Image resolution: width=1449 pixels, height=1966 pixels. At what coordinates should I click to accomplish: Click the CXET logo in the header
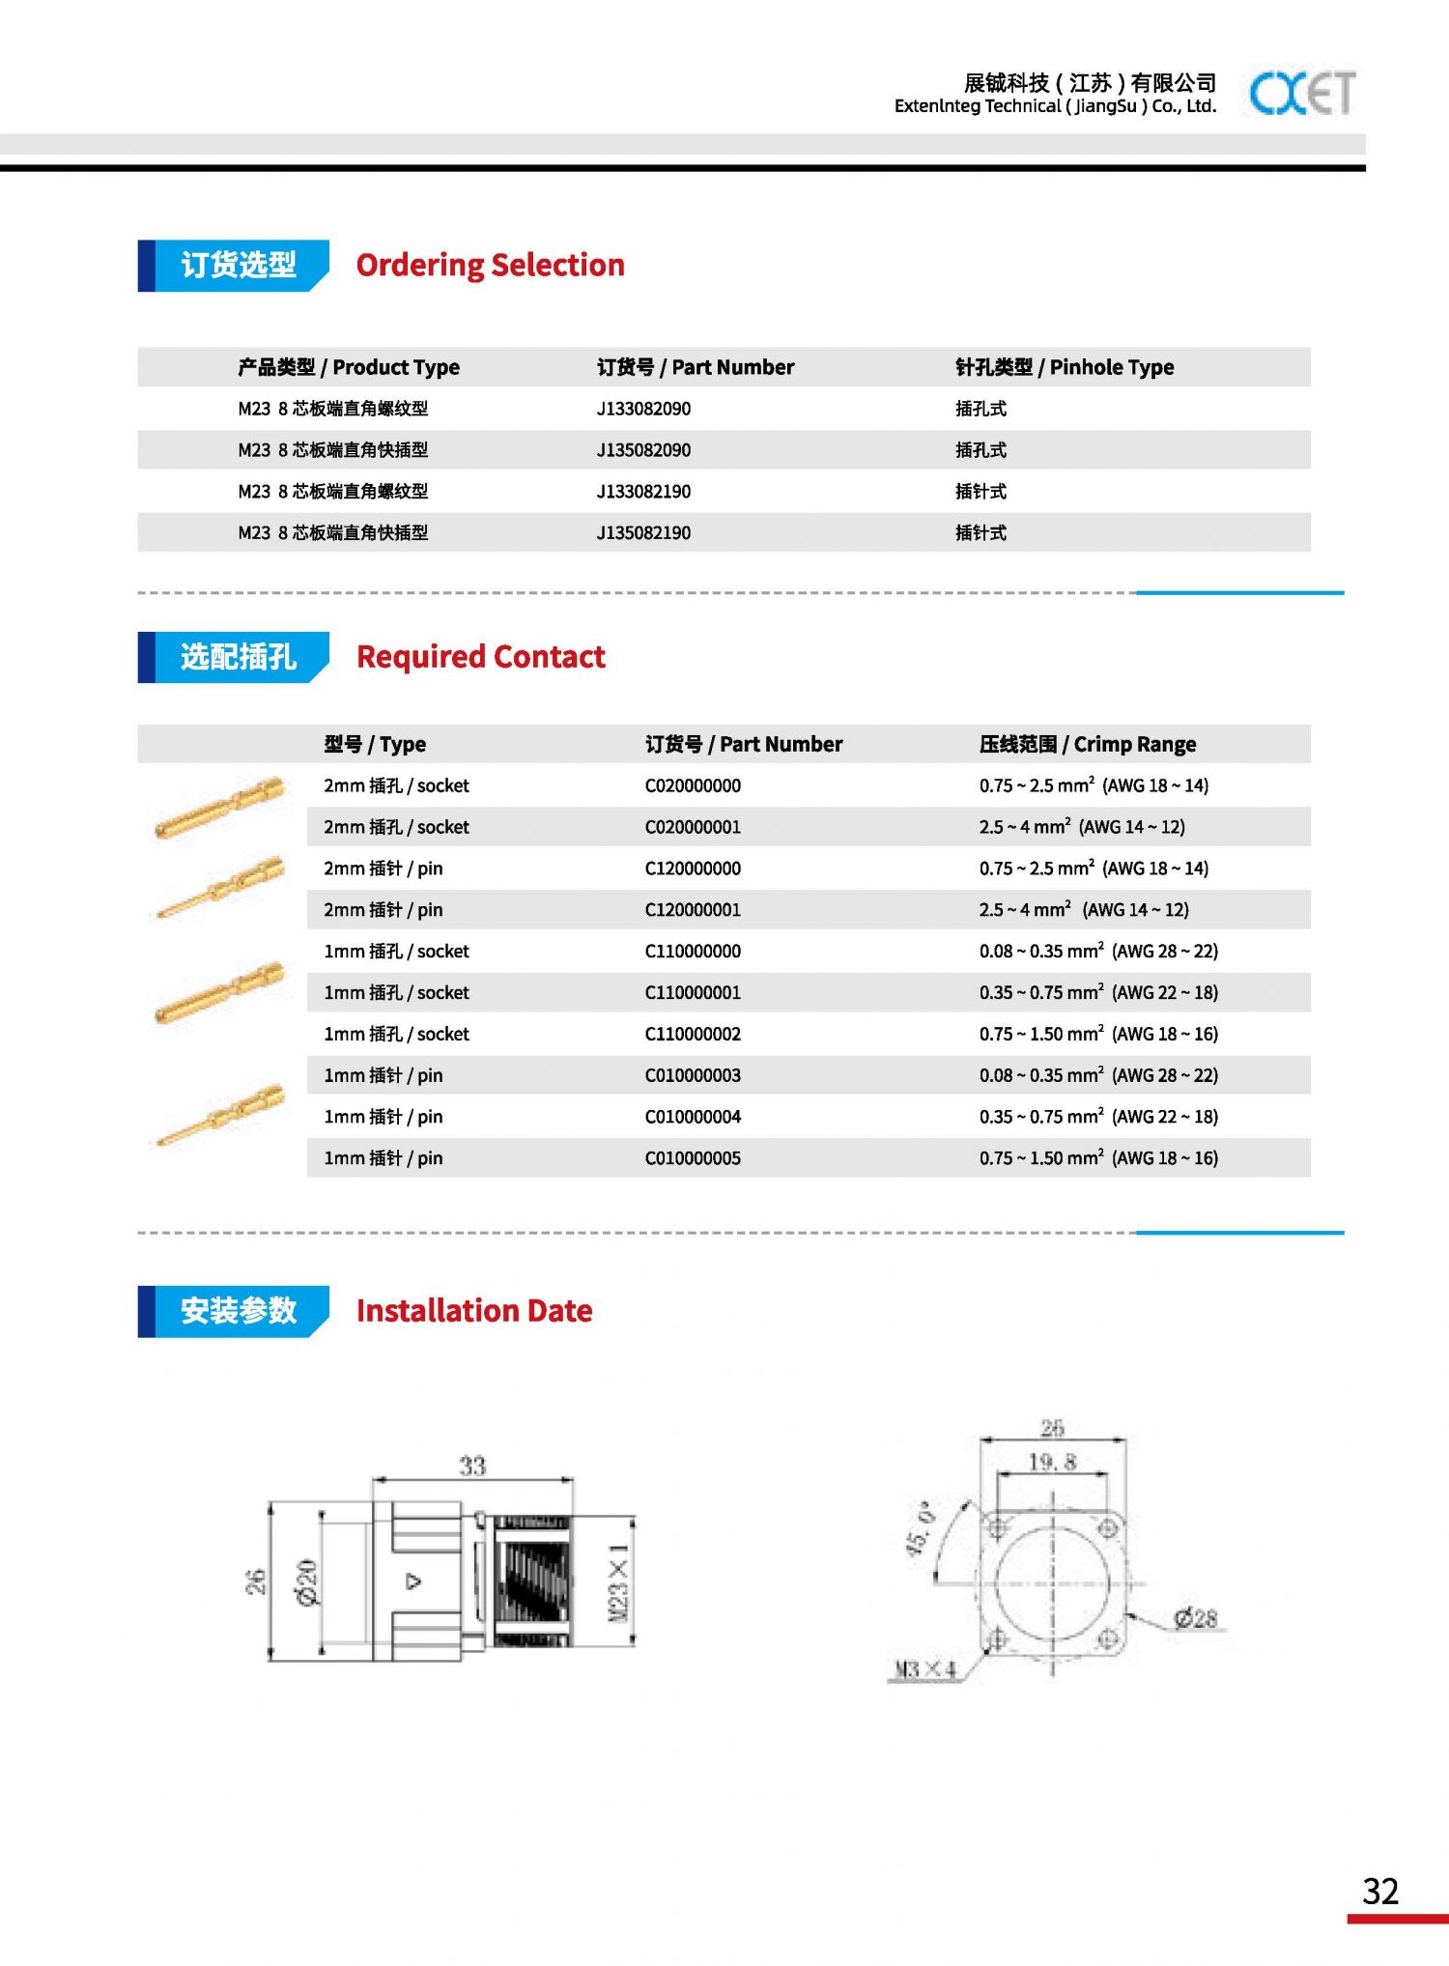pos(1302,93)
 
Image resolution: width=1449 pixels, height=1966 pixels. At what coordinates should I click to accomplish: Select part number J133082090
pos(643,409)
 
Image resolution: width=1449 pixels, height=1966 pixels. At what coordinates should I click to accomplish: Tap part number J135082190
pos(643,532)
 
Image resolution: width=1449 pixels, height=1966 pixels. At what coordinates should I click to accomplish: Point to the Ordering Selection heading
pos(490,265)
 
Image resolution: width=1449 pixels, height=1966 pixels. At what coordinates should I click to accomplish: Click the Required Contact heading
pos(480,657)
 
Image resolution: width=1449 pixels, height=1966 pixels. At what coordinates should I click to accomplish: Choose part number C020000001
pos(693,827)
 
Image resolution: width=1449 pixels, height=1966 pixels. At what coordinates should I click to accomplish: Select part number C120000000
pos(693,869)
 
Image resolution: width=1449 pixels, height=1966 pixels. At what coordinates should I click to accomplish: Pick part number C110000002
pos(693,1034)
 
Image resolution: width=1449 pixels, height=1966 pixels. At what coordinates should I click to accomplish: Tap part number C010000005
pos(693,1158)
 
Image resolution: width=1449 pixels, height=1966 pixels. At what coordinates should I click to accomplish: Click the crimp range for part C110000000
pos(1098,952)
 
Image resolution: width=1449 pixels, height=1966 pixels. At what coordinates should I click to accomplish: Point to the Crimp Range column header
pos(1087,744)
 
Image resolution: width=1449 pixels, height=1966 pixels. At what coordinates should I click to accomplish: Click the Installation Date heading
pos(473,1311)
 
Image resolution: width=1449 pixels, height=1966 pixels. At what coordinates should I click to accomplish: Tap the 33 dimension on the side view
pos(471,1466)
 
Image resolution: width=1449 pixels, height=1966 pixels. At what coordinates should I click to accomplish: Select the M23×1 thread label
pos(618,1581)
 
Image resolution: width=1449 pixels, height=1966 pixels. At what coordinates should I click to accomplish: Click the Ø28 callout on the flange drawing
pos(1195,1618)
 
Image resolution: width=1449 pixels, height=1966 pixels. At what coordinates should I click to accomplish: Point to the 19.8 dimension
pos(1051,1462)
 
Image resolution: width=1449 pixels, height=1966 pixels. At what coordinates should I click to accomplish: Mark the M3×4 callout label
pos(924,1669)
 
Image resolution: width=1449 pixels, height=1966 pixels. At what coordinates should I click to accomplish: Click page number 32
pos(1380,1891)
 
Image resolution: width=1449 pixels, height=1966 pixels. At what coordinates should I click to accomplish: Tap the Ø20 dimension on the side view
pos(307,1581)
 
